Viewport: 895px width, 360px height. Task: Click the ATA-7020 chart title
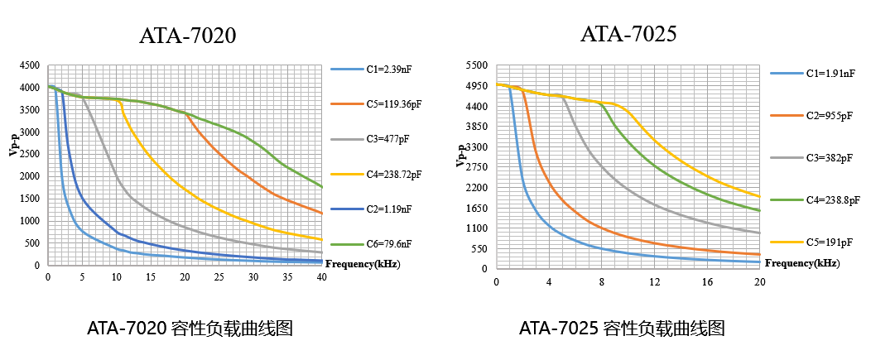187,36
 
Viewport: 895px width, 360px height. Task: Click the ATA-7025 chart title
628,33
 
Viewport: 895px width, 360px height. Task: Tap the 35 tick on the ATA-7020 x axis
287,276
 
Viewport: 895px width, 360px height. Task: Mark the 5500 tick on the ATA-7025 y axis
476,65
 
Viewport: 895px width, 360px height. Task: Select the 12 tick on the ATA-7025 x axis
654,281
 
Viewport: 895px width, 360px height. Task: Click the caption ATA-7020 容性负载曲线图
190,329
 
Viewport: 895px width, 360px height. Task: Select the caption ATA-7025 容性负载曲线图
622,329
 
